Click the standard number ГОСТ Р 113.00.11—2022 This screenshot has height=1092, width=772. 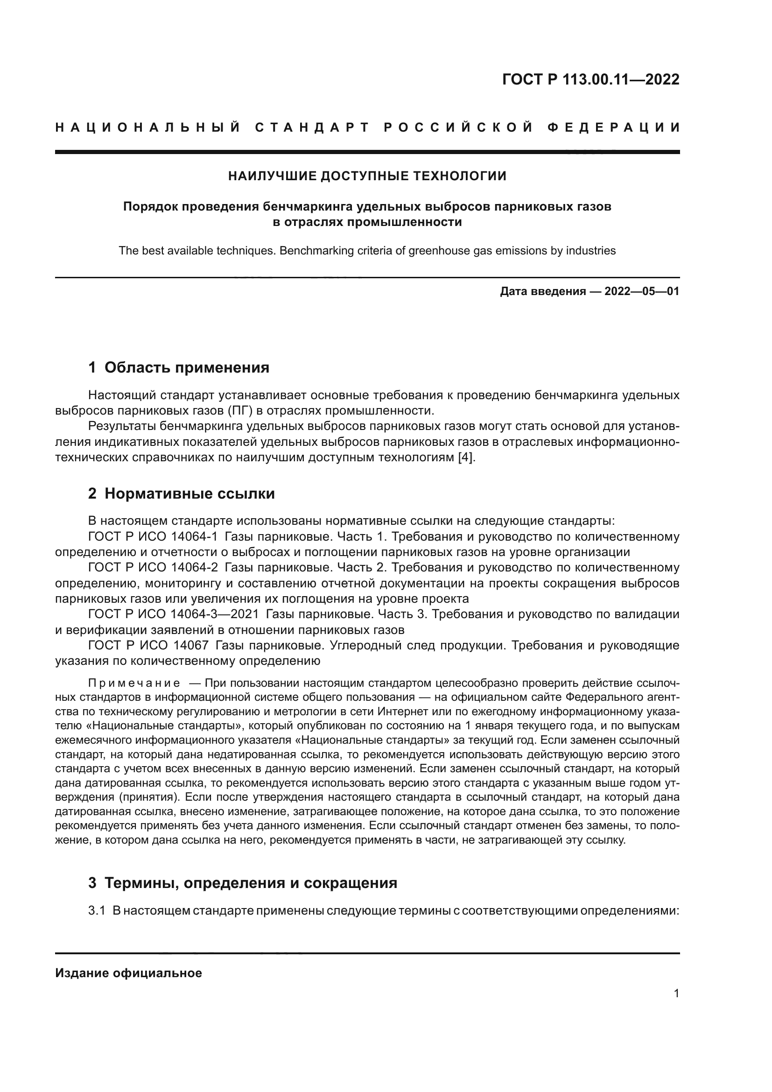pyautogui.click(x=590, y=79)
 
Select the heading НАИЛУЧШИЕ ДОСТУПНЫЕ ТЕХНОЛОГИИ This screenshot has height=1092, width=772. pyautogui.click(x=367, y=176)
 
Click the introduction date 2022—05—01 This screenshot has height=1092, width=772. pyautogui.click(x=642, y=291)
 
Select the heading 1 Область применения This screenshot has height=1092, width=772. pyautogui.click(x=179, y=367)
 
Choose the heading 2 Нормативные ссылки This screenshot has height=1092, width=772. pyautogui.click(x=182, y=493)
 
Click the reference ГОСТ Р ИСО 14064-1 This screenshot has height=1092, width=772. pyautogui.click(x=153, y=536)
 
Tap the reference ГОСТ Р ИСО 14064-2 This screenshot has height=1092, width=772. pyautogui.click(x=153, y=567)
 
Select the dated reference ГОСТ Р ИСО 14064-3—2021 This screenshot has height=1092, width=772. pyautogui.click(x=174, y=614)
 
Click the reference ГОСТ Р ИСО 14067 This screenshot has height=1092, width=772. pyautogui.click(x=148, y=645)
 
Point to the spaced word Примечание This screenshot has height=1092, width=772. pyautogui.click(x=134, y=683)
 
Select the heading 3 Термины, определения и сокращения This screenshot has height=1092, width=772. pyautogui.click(x=242, y=883)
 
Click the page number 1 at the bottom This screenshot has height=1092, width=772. pyautogui.click(x=676, y=993)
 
